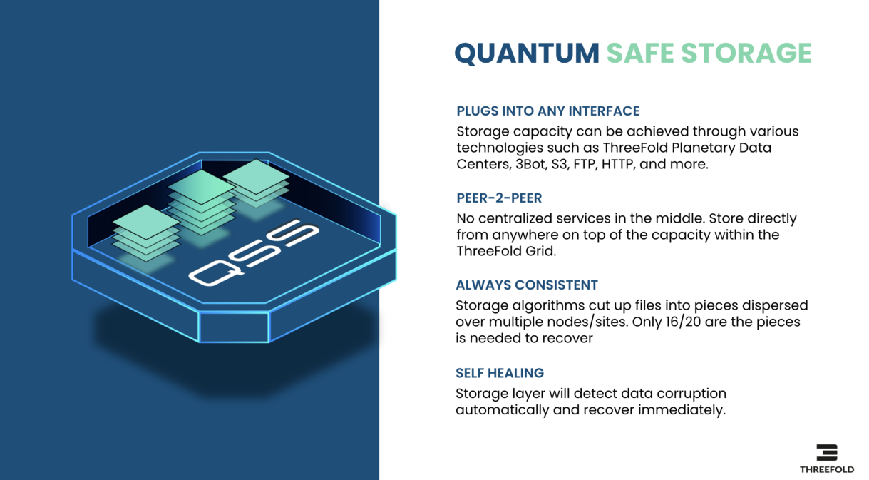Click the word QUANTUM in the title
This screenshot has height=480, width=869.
(527, 53)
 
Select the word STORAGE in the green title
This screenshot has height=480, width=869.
(746, 53)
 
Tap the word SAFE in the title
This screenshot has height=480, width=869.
(640, 53)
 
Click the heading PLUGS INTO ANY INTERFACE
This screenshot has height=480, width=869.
(547, 111)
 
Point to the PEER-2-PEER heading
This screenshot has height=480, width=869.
(499, 198)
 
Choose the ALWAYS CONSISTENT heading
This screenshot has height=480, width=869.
(527, 285)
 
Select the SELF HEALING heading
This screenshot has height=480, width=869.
(500, 373)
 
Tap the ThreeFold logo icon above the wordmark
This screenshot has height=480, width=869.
(827, 452)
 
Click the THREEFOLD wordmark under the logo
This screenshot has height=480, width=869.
(827, 469)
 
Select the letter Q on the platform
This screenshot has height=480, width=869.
(216, 272)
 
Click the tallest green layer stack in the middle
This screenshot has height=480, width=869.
(201, 202)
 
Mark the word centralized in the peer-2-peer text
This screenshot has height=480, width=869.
(514, 218)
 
